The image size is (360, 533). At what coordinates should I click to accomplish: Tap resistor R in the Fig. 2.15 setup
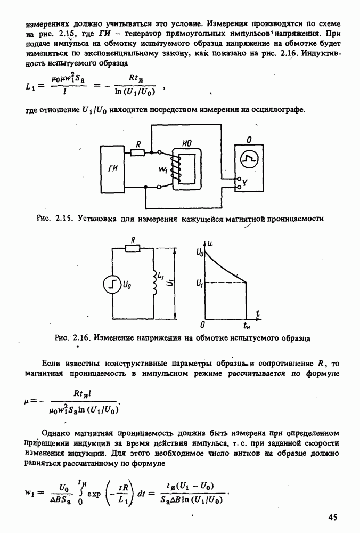(x=137, y=152)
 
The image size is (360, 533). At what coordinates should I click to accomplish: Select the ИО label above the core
(x=186, y=144)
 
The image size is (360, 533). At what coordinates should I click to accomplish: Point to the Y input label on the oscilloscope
(x=245, y=184)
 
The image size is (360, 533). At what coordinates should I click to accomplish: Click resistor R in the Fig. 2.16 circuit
(x=132, y=248)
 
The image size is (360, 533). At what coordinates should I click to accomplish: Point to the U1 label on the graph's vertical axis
(x=199, y=283)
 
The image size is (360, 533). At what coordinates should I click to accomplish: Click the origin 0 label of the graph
(x=203, y=324)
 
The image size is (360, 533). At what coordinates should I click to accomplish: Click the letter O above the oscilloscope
(x=248, y=140)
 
